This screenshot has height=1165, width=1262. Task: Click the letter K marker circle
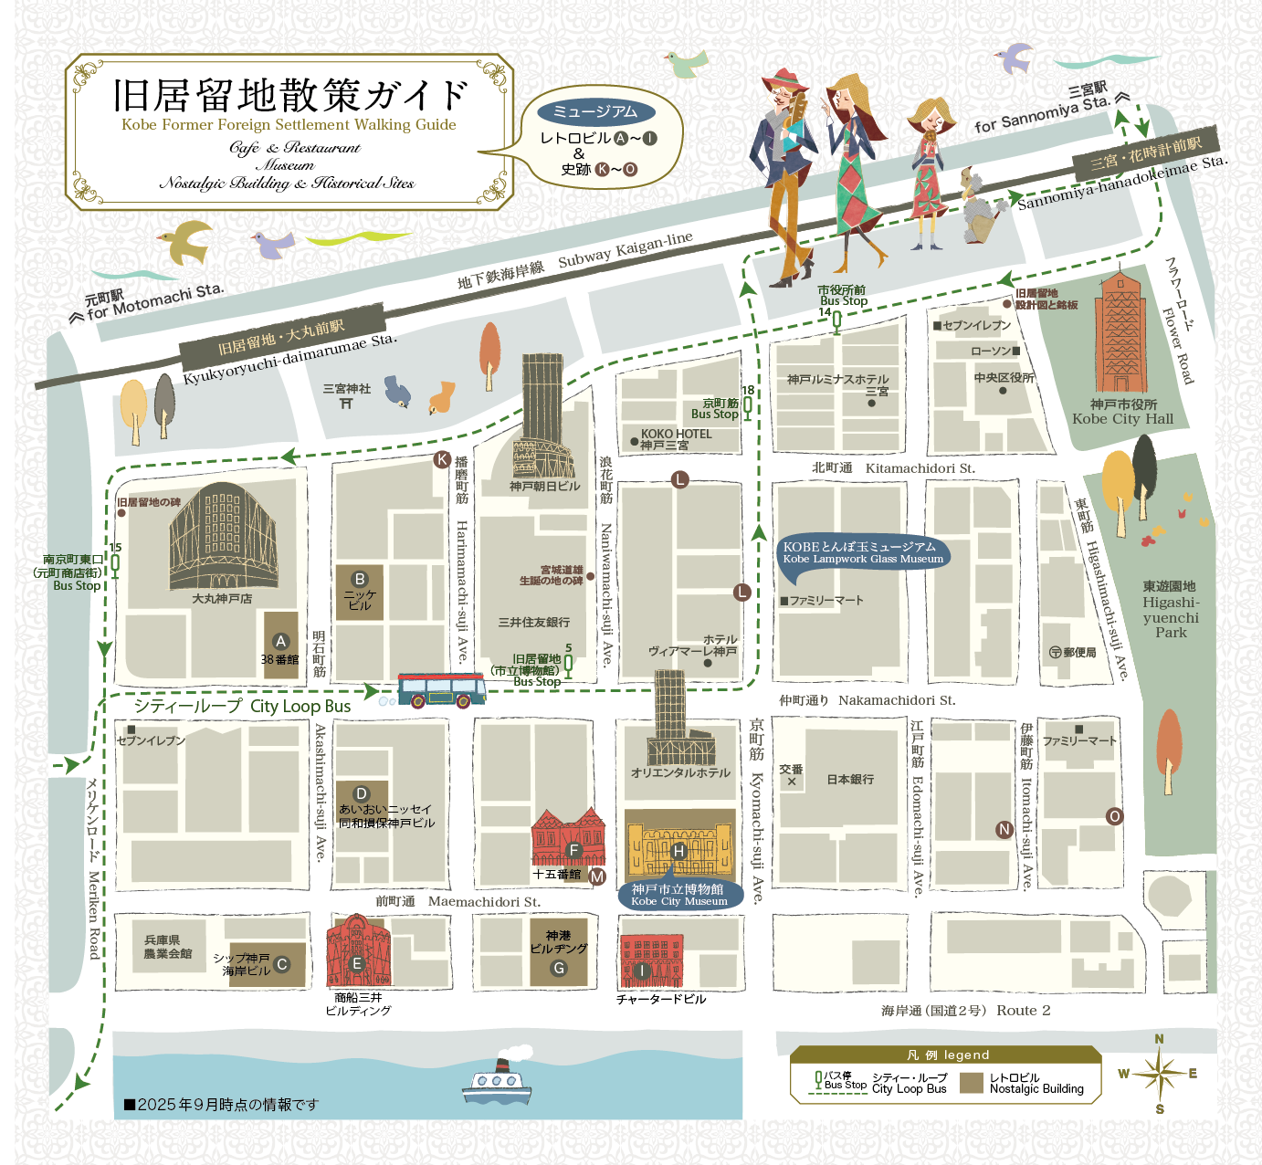[443, 459]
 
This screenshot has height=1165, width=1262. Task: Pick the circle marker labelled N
[1004, 829]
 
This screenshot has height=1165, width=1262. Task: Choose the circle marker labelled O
[1114, 816]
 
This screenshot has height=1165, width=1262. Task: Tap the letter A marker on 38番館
[281, 641]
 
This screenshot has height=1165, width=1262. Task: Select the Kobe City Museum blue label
[678, 895]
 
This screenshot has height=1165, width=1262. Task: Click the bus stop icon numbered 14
[836, 320]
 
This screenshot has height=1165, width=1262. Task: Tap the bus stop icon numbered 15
[115, 564]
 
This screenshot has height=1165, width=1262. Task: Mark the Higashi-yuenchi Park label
[1171, 610]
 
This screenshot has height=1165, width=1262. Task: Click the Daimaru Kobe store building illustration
[223, 539]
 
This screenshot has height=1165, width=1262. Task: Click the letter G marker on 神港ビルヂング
[559, 968]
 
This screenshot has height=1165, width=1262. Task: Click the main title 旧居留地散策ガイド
[290, 95]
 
